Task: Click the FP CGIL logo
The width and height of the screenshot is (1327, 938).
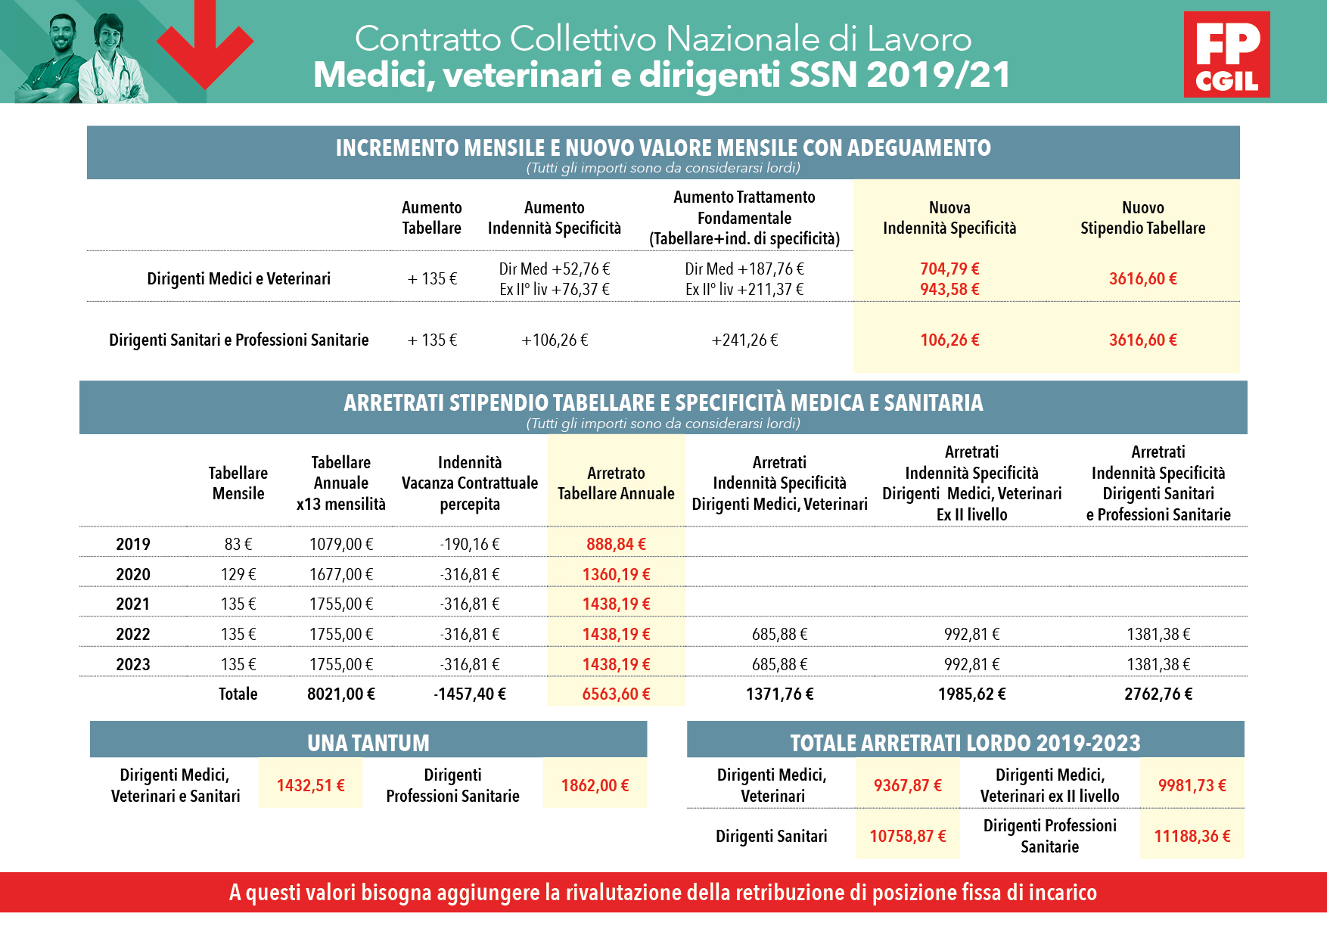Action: click(1226, 54)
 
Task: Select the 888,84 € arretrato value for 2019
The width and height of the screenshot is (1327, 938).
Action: click(616, 544)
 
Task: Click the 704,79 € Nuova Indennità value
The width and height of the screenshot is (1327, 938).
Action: click(949, 269)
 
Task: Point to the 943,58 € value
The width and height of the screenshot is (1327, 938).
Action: click(949, 289)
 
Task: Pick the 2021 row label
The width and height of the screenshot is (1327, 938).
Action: click(133, 604)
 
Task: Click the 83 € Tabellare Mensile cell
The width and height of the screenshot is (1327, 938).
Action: click(238, 544)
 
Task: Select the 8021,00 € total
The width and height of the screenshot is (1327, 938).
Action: click(341, 694)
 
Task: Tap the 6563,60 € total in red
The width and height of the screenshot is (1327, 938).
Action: click(616, 694)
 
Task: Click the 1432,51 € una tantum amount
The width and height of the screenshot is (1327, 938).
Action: click(310, 785)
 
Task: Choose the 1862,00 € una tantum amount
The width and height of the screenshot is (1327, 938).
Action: click(595, 785)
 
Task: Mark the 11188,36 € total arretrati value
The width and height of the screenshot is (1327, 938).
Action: click(1192, 836)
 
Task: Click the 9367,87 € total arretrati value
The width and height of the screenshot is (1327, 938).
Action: click(908, 785)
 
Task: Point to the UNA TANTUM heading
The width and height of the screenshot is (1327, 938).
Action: click(368, 743)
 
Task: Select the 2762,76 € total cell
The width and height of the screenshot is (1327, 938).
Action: click(1158, 694)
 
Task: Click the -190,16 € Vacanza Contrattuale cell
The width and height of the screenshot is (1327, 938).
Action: click(470, 544)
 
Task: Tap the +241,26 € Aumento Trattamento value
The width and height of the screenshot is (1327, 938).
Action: click(744, 340)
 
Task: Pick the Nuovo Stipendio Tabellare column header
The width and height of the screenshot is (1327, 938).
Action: click(1142, 218)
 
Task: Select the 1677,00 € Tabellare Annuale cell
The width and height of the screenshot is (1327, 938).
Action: click(341, 574)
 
